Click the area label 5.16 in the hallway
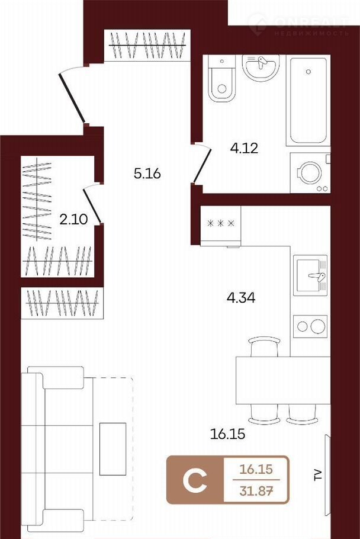pos(147,174)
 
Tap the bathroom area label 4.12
pos(244,148)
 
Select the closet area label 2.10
pos(73,219)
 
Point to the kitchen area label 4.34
pos(241,297)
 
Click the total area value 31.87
pos(256,491)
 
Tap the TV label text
pos(318,474)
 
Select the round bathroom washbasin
pos(261,68)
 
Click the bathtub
pos(308,100)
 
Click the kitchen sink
pos(310,275)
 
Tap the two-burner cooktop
pos(310,326)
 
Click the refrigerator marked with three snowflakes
pos(220,226)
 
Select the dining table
pos(283,380)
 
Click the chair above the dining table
pos(264,346)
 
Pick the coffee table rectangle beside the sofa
pos(112,449)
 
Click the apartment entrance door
pos(72,97)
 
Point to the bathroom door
pos(202,163)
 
